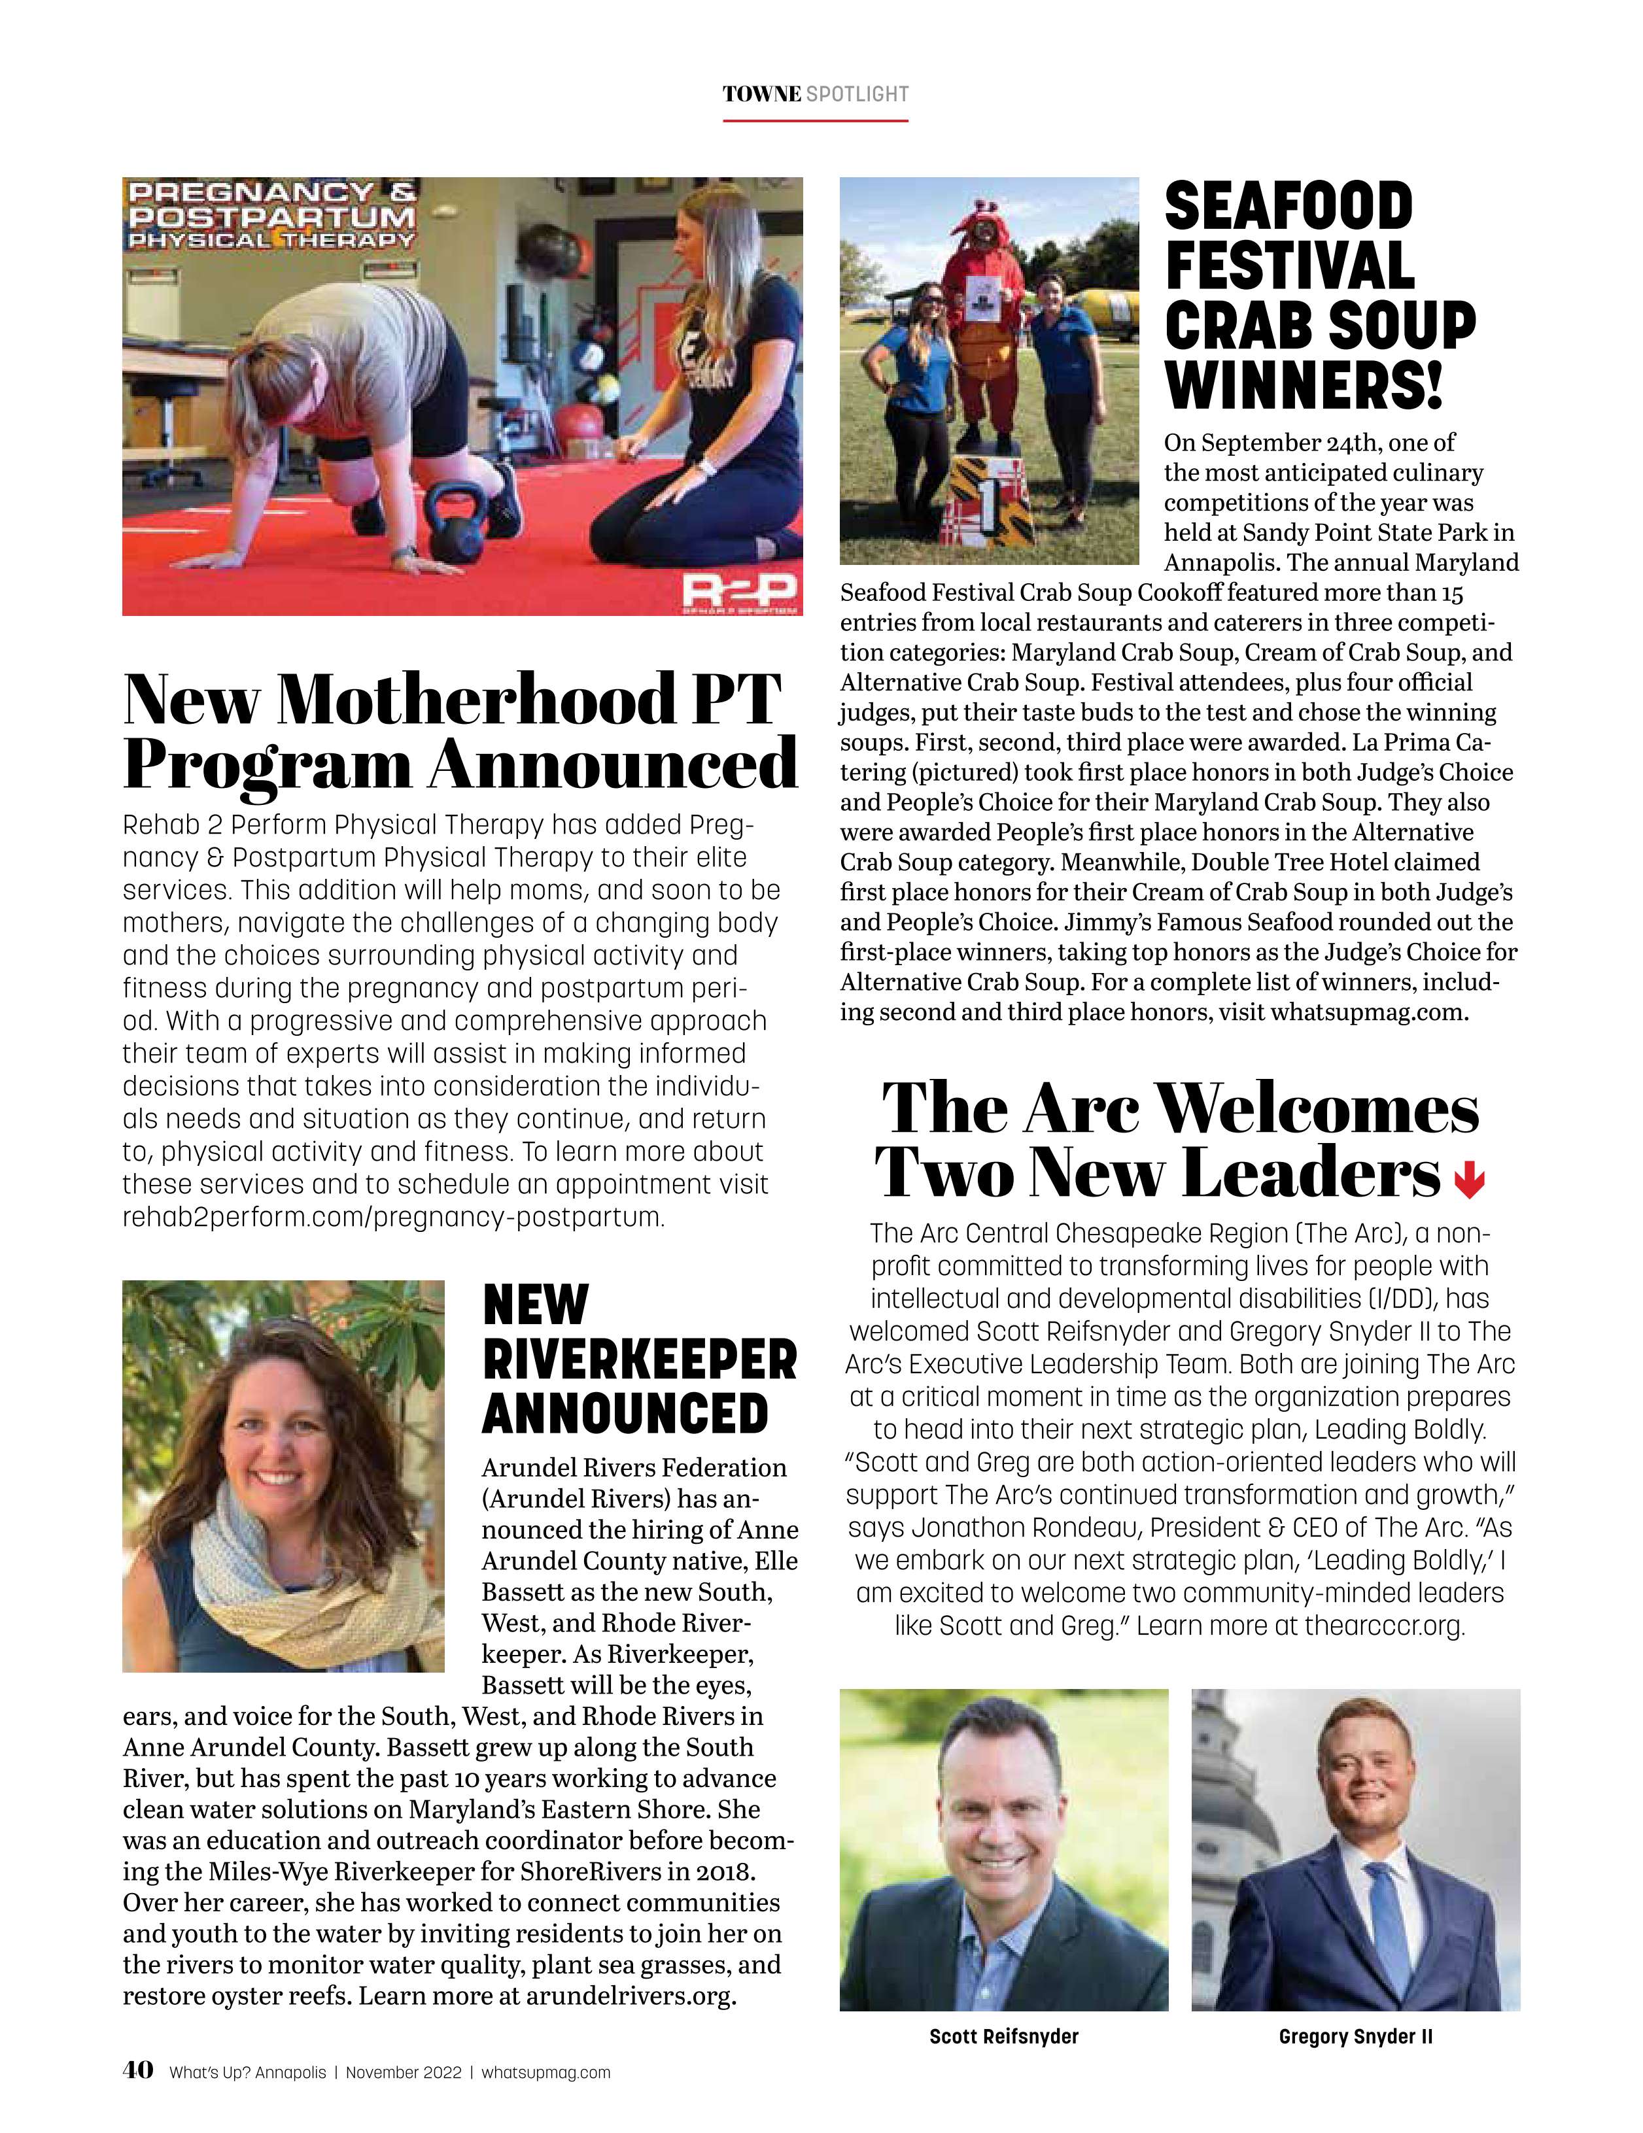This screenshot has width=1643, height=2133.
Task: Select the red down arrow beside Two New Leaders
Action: (x=1469, y=1183)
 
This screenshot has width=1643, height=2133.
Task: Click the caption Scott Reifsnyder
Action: (x=1003, y=2036)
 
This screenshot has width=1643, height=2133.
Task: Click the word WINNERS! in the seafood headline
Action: (x=1304, y=384)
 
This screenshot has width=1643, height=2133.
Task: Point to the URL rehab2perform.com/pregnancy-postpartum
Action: (x=392, y=1218)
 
